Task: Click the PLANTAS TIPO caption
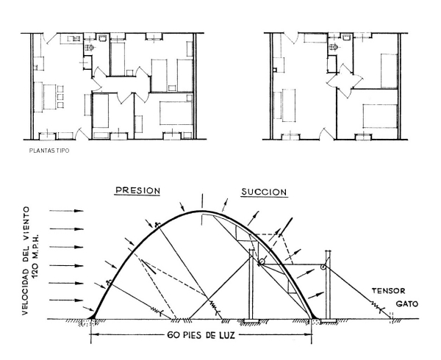click(49, 151)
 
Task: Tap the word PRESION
click(138, 190)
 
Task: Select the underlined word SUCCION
click(264, 192)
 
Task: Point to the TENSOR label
click(388, 291)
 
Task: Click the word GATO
click(407, 303)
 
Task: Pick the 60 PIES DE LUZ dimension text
click(201, 335)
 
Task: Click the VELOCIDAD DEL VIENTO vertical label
click(26, 261)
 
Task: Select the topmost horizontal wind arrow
click(66, 211)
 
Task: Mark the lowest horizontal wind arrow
click(66, 300)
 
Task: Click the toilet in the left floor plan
click(90, 48)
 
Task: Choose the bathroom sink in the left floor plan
click(102, 37)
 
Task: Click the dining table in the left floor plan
click(49, 97)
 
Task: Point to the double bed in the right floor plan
click(380, 116)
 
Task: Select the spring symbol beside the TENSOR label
click(377, 306)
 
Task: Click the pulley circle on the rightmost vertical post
click(323, 267)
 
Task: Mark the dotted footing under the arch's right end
click(315, 321)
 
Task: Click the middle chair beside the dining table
click(60, 97)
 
